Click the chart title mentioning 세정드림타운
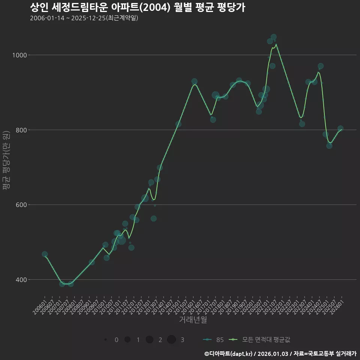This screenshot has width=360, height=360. pos(137,7)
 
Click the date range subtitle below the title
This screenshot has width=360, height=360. pos(84,18)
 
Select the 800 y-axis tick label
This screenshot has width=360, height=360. pos(21,130)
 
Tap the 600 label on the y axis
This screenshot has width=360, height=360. pos(21,205)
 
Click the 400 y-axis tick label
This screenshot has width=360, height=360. pos(21,280)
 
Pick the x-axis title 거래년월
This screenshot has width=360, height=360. pos(193,320)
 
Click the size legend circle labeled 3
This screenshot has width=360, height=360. pos(171,340)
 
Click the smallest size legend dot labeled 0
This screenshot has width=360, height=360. pos(106,340)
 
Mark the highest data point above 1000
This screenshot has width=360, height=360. pos(273,37)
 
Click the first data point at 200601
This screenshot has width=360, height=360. pos(45,254)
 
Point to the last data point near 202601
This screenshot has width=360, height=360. pos(340,129)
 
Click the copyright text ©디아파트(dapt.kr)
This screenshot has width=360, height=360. pos(228,354)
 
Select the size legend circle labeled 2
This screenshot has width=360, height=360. pos(150,340)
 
